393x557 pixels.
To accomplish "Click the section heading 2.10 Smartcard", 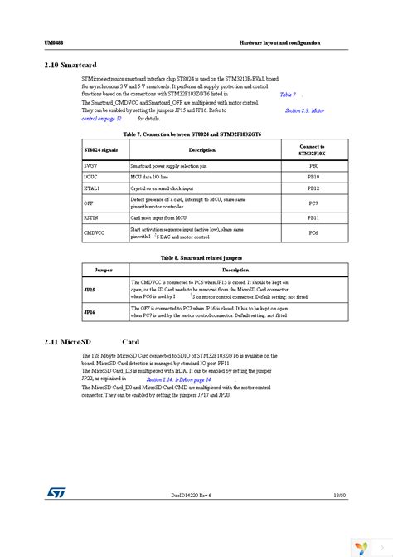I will coord(70,64).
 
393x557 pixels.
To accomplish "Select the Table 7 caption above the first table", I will coord(196,134).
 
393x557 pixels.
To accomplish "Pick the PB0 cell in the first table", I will coord(313,166).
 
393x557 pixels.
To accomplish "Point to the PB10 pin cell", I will coord(313,177).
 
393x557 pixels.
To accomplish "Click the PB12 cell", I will coord(313,188).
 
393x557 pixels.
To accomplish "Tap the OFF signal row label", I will coord(90,203).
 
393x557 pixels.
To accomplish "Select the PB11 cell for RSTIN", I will coord(313,217).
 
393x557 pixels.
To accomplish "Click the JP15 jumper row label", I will coord(90,291).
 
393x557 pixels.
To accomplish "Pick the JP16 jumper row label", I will coord(90,312).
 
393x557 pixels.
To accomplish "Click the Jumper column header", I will coord(104,270).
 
